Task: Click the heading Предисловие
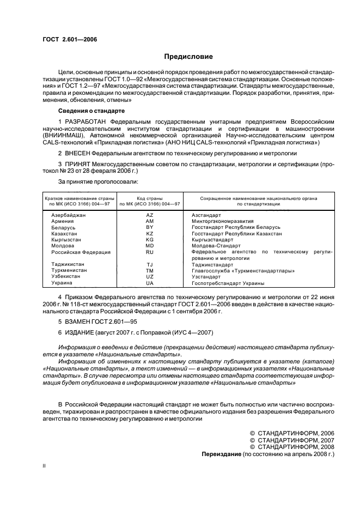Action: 189,56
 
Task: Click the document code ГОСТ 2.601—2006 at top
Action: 66,39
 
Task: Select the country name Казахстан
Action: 65,233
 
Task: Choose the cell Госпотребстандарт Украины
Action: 228,283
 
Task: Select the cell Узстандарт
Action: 206,277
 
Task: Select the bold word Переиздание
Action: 221,453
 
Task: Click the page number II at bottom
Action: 45,466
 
